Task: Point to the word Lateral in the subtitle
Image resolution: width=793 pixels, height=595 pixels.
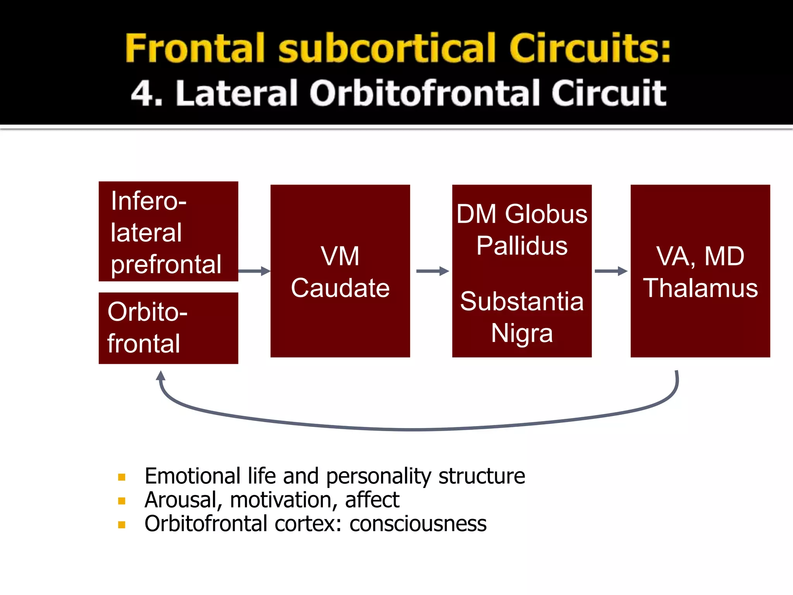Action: click(x=237, y=93)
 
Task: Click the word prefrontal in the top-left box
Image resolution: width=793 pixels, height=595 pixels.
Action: click(x=166, y=265)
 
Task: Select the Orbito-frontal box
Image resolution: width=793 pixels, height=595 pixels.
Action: click(x=168, y=328)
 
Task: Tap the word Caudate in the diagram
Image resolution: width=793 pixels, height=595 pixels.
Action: click(x=340, y=288)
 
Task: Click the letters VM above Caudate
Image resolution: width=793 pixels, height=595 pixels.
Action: click(x=340, y=256)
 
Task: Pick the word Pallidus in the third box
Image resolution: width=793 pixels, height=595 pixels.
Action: click(x=522, y=246)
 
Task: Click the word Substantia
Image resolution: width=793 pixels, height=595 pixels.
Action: click(x=522, y=301)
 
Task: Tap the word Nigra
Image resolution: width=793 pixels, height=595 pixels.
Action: click(x=522, y=333)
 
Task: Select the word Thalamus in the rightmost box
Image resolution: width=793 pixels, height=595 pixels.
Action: click(x=700, y=288)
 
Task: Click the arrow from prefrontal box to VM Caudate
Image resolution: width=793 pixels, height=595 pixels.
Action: click(x=254, y=271)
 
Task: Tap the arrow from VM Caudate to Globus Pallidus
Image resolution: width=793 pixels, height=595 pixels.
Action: click(x=432, y=271)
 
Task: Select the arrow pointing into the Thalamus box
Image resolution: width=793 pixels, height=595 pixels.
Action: click(x=611, y=271)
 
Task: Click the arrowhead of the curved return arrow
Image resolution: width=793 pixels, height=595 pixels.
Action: click(x=161, y=376)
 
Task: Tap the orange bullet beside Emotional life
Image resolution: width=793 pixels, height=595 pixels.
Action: click(x=122, y=477)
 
